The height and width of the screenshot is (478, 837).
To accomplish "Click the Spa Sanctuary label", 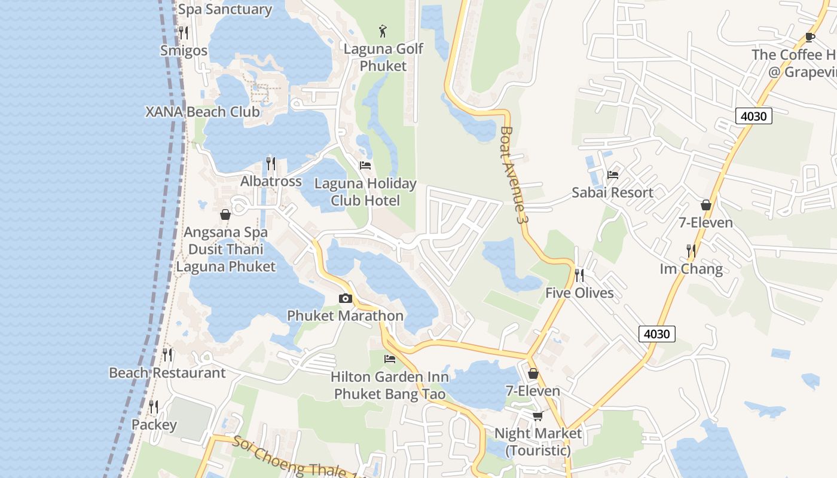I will click(x=225, y=10).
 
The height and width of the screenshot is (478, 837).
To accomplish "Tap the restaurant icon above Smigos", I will click(x=184, y=32).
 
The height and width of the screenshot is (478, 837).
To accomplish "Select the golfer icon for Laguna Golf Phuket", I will click(x=383, y=30).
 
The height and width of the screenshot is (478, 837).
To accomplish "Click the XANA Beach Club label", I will click(x=203, y=112).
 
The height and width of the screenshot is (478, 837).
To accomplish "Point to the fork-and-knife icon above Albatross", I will click(x=271, y=163).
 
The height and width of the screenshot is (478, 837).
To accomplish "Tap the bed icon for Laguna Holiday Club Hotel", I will click(x=365, y=165).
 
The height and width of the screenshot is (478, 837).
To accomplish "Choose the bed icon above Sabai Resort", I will click(x=613, y=174).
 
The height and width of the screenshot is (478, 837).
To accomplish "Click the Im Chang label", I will click(x=691, y=269).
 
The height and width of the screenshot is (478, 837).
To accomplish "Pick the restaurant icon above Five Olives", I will click(x=579, y=275).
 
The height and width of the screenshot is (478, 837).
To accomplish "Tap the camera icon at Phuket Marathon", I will click(x=345, y=298).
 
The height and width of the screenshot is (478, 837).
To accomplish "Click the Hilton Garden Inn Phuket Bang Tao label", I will click(x=390, y=386).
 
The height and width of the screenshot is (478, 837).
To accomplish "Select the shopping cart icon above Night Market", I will click(x=538, y=415).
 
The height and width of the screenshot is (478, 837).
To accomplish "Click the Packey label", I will click(x=154, y=425).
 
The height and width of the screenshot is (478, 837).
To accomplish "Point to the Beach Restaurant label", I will click(x=167, y=373).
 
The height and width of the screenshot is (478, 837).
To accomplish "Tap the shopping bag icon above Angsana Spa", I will click(x=225, y=214).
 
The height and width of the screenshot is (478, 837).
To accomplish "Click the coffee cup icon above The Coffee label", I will click(x=810, y=37).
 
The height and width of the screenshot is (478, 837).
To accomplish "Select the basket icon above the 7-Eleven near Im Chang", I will click(x=706, y=205).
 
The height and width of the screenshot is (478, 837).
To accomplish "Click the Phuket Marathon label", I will click(x=345, y=315).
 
